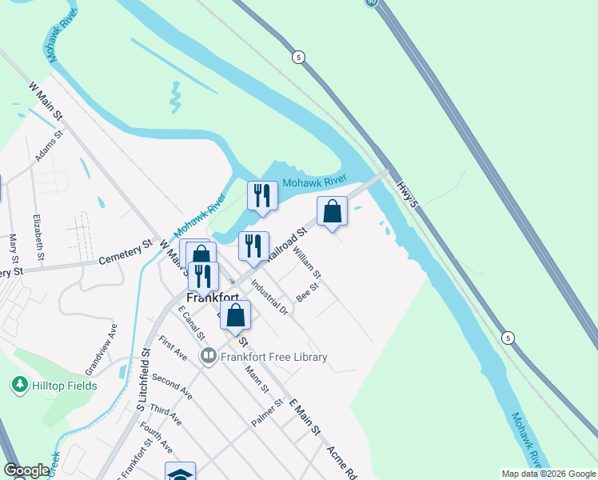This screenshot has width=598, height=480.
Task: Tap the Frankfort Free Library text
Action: click(274, 357)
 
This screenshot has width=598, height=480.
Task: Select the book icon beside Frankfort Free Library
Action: click(209, 354)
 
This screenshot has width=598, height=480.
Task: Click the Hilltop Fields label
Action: click(65, 386)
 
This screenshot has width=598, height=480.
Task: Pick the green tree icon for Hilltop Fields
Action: click(18, 385)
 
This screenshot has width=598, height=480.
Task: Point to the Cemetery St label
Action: click(126, 253)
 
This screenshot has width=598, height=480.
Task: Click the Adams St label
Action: click(49, 150)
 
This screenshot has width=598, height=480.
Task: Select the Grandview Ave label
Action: click(101, 349)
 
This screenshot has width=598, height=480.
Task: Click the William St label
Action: click(307, 263)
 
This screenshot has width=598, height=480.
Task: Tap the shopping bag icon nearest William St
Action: click(333, 212)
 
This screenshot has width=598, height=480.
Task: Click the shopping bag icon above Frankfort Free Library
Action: click(236, 314)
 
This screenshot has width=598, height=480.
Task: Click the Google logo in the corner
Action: click(26, 470)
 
